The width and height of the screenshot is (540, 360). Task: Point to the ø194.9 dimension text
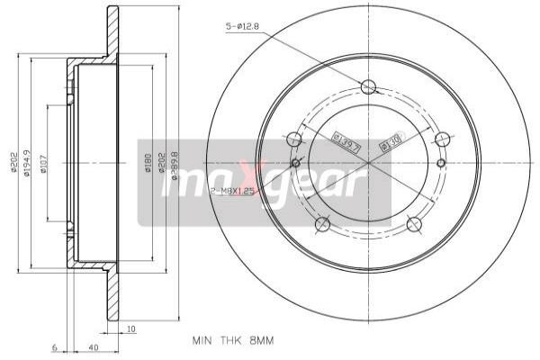[x=28, y=165]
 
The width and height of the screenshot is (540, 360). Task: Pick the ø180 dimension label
[x=148, y=165]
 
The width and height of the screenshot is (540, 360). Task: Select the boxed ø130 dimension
[x=391, y=140]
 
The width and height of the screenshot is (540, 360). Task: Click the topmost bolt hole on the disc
[x=367, y=86]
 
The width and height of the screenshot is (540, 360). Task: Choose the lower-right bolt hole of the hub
[x=414, y=224]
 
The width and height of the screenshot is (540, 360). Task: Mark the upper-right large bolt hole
[x=442, y=139]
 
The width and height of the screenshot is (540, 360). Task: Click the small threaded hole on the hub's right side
[x=440, y=163]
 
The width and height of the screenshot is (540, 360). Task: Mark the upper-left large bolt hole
[x=293, y=139]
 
